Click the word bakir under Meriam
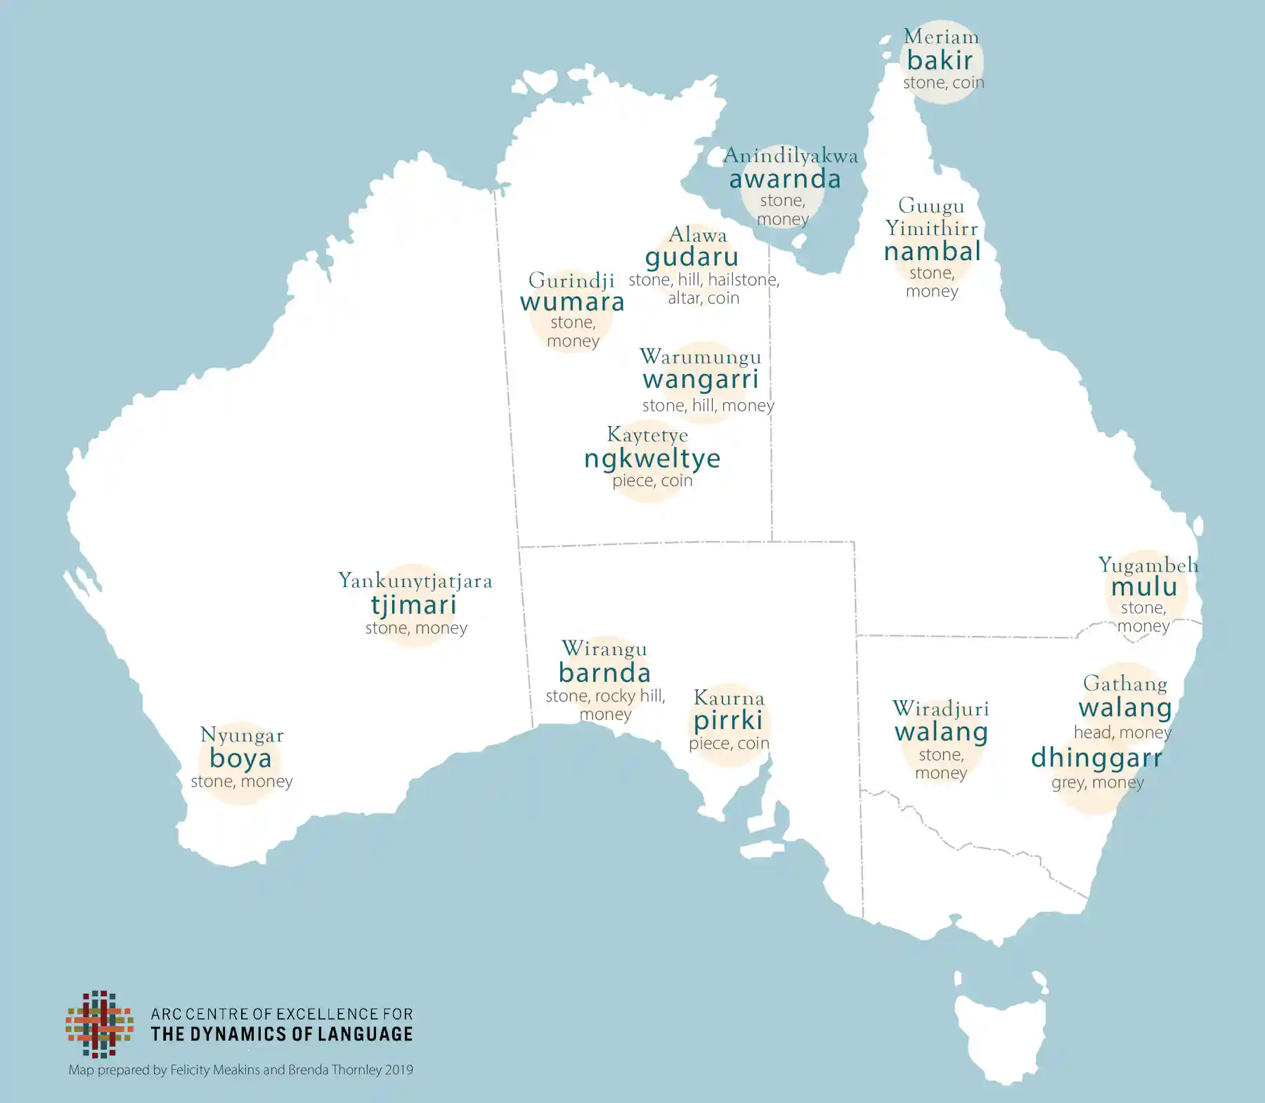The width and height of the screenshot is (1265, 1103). coord(940,60)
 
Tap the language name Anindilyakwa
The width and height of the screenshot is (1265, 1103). coord(791,155)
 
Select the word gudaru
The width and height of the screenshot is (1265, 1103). coord(692,257)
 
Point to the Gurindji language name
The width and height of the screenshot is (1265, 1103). coord(571,280)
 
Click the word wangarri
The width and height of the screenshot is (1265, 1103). coord(701,380)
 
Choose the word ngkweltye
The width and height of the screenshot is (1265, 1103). coord(652,458)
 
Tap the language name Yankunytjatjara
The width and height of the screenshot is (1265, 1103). coord(415,581)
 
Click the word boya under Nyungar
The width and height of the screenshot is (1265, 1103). coord(240,759)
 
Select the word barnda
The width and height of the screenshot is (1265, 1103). coord(604,673)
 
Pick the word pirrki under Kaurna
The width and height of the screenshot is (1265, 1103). coord(728,721)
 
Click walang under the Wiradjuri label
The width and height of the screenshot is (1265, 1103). coord(941,732)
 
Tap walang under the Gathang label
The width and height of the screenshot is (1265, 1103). coord(1125,707)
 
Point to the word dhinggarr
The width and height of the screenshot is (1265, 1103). coord(1096,758)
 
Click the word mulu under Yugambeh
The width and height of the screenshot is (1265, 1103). coord(1144,586)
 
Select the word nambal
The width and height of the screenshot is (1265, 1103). coord(932,251)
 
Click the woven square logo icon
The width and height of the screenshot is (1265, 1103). coord(100,1024)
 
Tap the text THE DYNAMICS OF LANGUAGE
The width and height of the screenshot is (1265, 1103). coord(282,1034)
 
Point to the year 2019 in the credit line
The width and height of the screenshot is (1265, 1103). coord(398,1070)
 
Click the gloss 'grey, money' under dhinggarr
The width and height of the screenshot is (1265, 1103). coord(1097,782)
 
